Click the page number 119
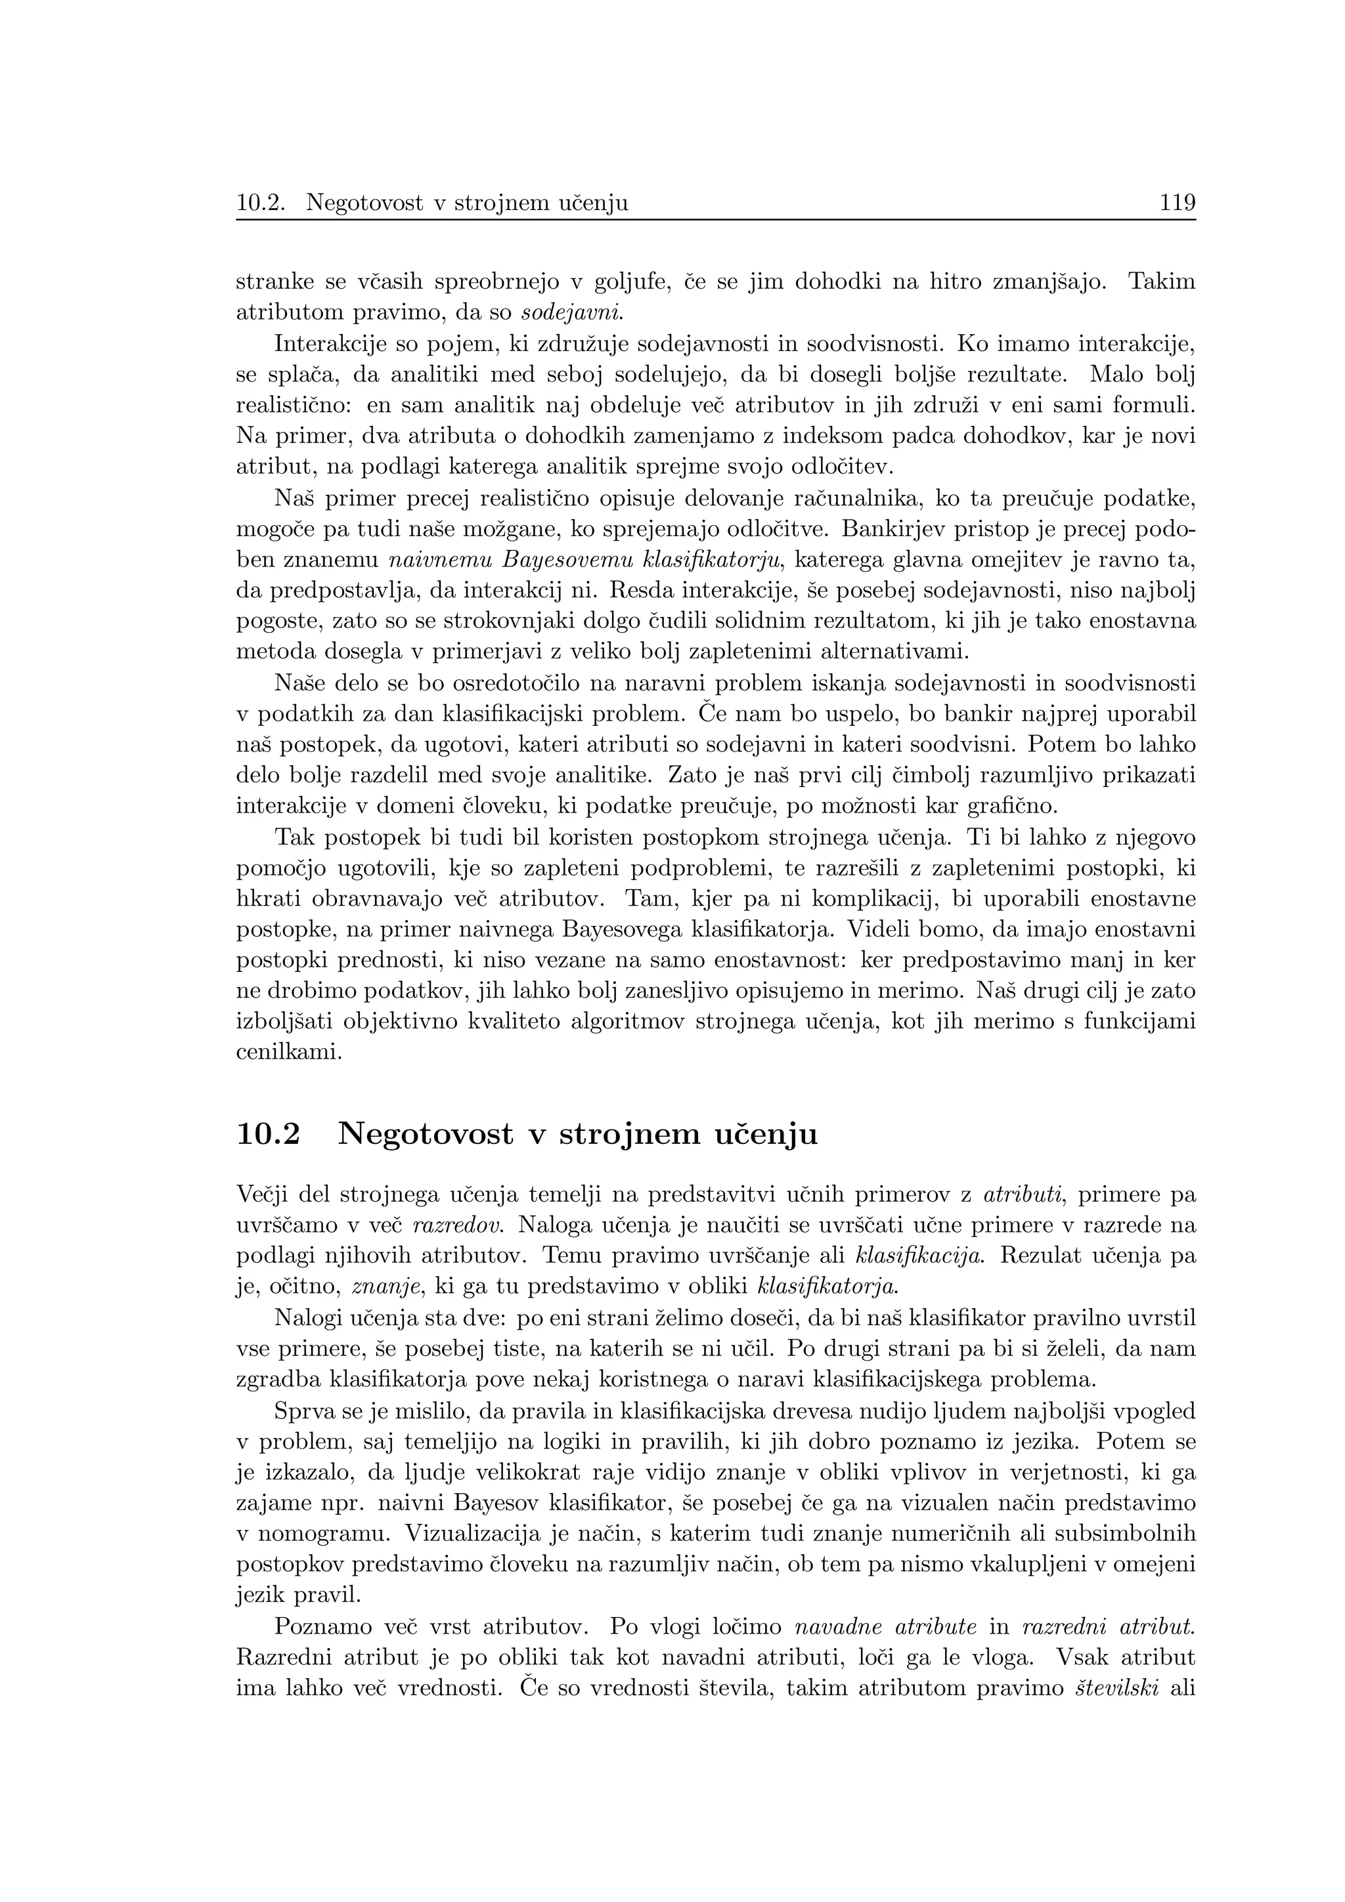(x=1177, y=202)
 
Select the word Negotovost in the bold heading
(x=425, y=1133)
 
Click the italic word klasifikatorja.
(x=828, y=1286)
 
